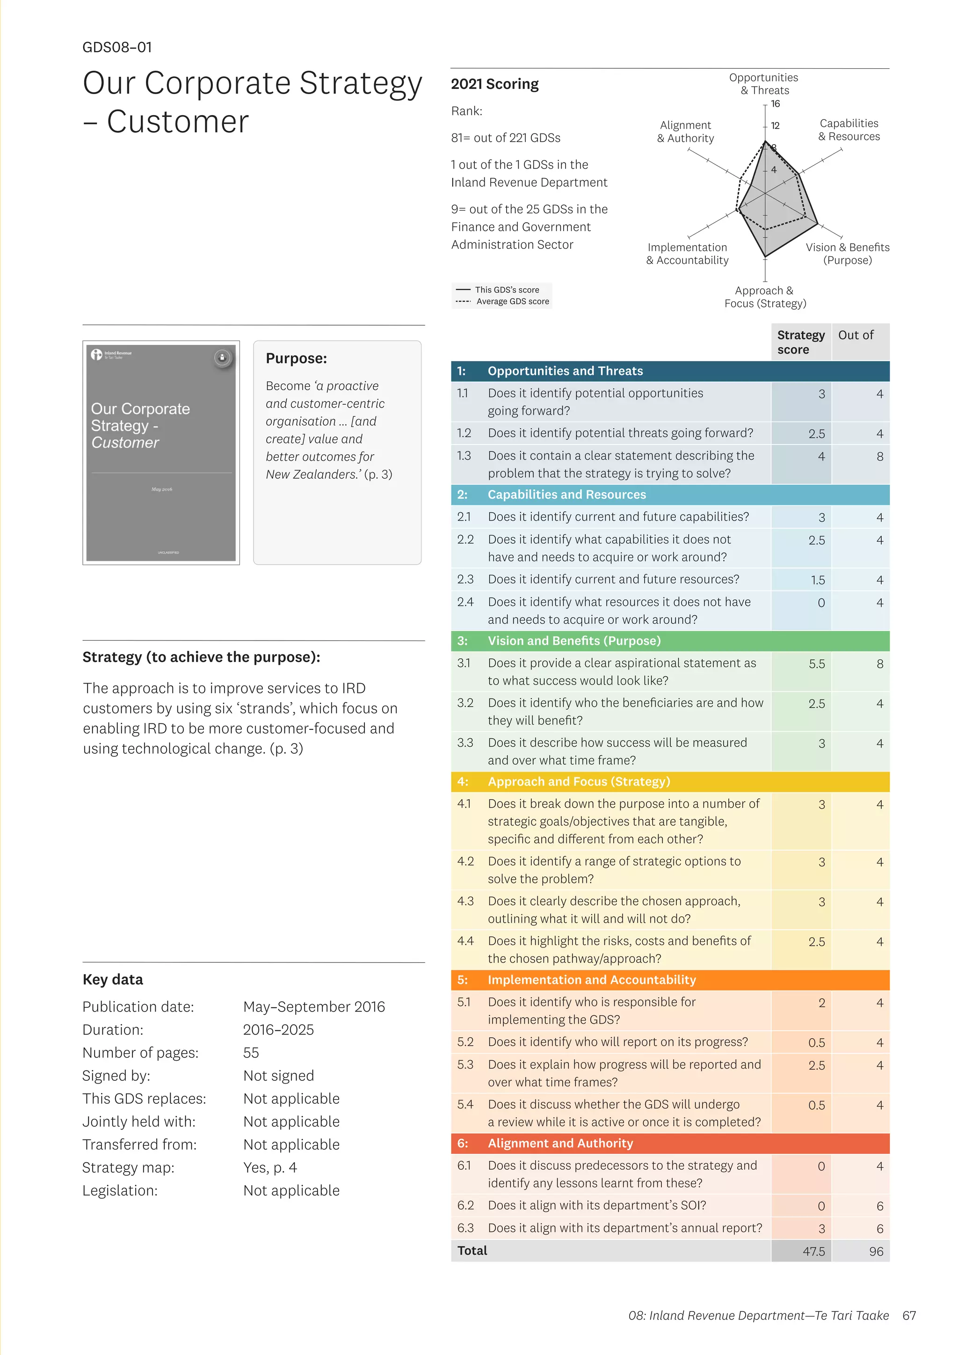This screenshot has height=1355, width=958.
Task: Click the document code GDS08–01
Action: tap(117, 47)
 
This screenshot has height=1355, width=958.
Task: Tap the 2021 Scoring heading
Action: tap(494, 84)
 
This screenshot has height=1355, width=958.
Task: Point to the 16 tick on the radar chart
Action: tap(775, 104)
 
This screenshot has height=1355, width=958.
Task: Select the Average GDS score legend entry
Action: tap(512, 302)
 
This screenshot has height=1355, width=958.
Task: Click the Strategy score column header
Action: tap(800, 342)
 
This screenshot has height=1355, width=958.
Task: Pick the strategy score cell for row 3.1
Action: tap(816, 664)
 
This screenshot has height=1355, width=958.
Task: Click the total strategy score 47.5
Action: tap(813, 1251)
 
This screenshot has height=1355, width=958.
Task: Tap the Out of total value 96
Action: tap(876, 1251)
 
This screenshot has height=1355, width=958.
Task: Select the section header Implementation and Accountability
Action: tap(591, 980)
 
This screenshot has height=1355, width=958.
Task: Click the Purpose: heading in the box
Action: tap(296, 358)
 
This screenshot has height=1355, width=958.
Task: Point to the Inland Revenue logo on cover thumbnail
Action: tap(97, 354)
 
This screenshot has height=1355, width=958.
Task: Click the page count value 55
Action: tap(251, 1052)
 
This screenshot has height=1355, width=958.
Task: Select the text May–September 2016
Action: tap(314, 1007)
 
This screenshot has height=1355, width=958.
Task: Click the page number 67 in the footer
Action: tap(909, 1315)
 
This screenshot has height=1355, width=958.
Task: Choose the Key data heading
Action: tap(113, 980)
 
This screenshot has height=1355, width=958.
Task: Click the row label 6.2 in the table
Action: tap(465, 1205)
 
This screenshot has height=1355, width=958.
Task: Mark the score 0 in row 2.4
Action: tap(820, 603)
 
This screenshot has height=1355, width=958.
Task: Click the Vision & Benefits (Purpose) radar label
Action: tap(847, 254)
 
